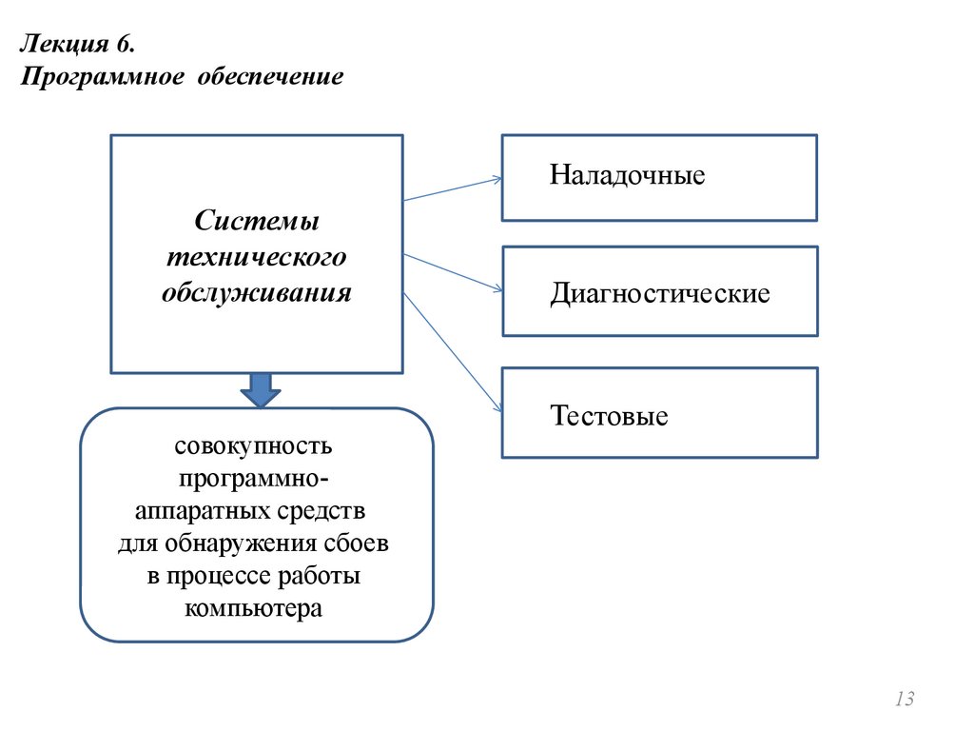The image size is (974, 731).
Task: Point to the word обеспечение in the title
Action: [270, 75]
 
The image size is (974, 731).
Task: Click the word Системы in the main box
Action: [257, 222]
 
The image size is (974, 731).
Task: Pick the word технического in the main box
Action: [257, 257]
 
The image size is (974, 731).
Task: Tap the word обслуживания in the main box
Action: [257, 292]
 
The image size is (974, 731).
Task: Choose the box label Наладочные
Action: [627, 176]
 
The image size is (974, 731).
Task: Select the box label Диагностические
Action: [659, 293]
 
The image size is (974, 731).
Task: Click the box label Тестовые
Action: [609, 416]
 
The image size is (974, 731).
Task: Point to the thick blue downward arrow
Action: [258, 388]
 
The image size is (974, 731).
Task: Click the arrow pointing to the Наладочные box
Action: [453, 188]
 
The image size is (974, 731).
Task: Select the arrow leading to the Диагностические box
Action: [453, 272]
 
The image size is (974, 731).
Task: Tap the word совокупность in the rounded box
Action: [253, 446]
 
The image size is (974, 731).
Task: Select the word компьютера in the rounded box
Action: [254, 609]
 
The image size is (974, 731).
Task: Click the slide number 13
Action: [904, 700]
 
